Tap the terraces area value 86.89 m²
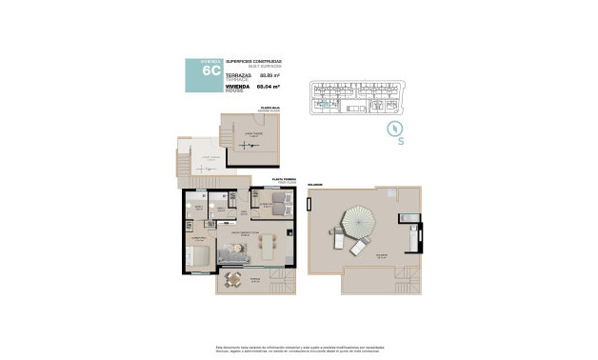269,74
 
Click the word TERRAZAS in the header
238,72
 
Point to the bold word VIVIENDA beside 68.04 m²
237,85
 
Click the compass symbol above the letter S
393,129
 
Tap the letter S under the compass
401,142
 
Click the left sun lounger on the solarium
340,239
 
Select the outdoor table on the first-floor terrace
234,279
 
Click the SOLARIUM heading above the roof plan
316,185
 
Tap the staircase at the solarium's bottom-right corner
409,284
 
